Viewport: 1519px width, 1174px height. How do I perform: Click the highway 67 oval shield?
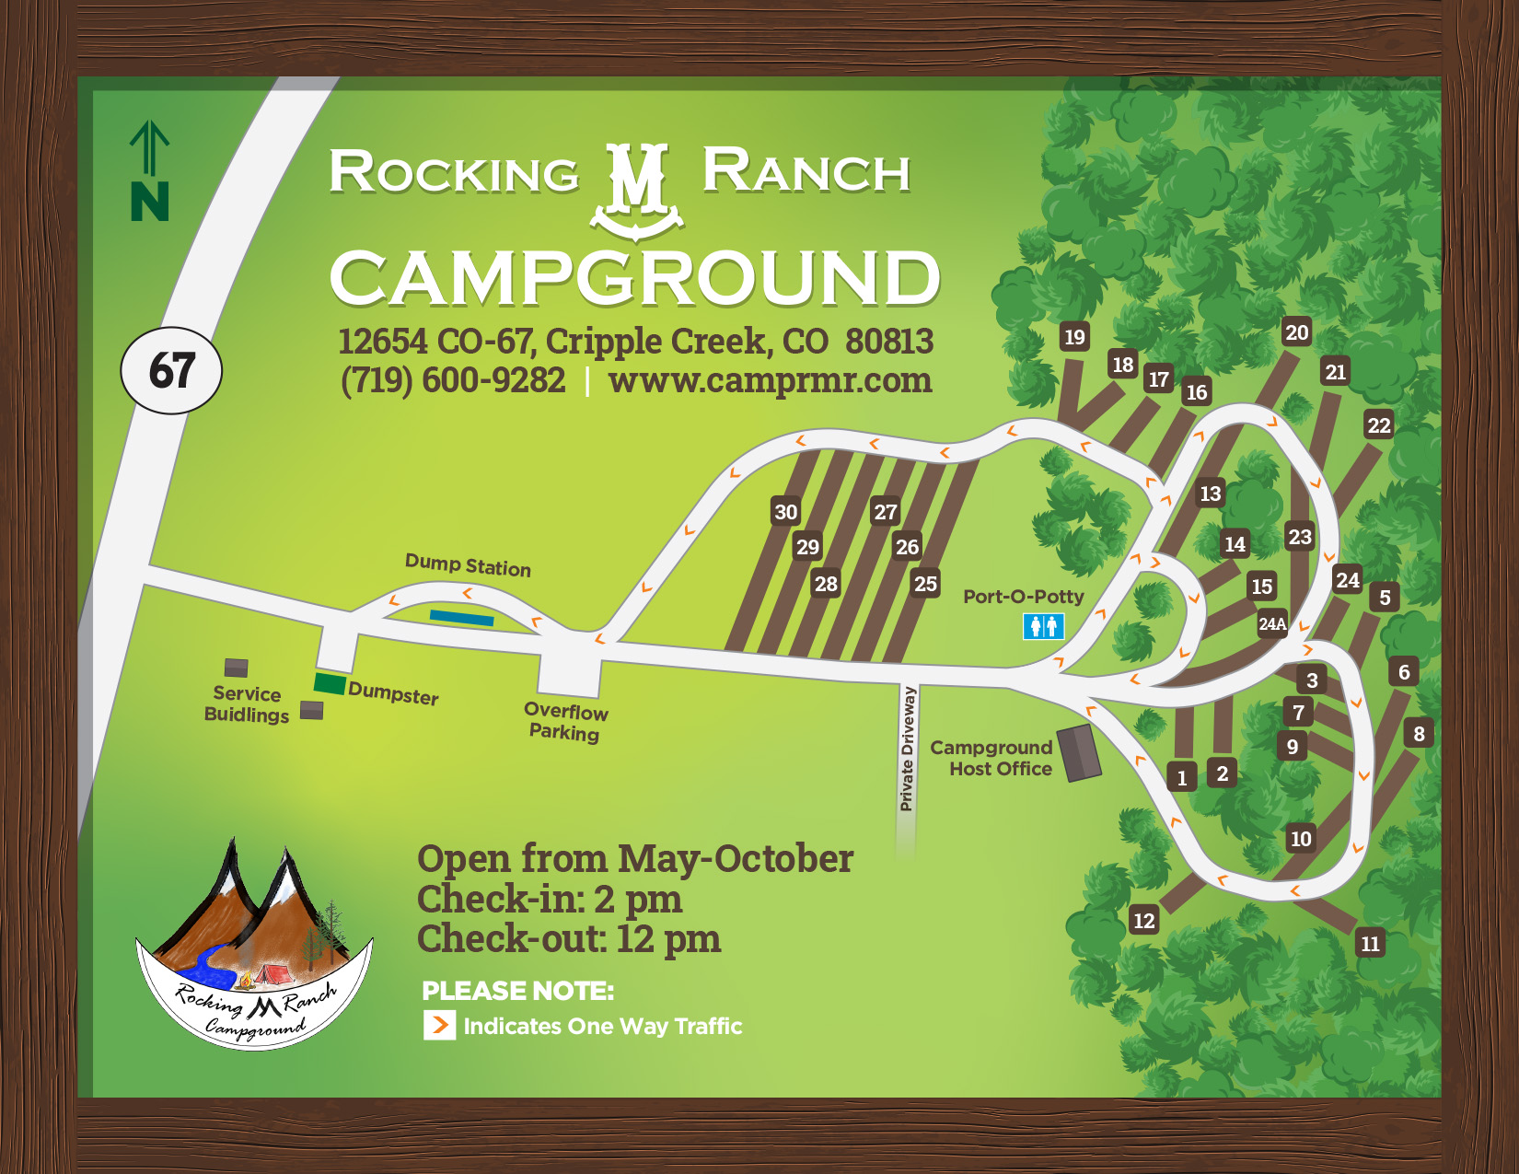coord(171,370)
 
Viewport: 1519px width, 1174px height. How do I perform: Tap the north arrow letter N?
coord(149,201)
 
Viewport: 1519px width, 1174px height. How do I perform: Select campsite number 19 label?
coord(1074,337)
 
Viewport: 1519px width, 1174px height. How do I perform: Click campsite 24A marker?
coord(1272,623)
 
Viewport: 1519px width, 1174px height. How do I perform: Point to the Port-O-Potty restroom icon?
coord(1043,627)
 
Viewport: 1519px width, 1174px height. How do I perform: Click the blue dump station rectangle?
coord(461,618)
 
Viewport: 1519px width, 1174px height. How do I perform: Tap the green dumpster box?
coord(330,684)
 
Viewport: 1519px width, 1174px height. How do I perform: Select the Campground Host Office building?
coord(1078,752)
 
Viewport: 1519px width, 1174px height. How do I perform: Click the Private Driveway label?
coord(908,749)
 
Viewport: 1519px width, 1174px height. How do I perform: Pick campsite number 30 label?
coord(785,512)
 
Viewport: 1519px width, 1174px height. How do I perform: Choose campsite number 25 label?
coord(925,584)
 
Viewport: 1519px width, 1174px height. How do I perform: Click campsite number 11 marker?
coord(1370,944)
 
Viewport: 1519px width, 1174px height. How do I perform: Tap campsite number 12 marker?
coord(1143,921)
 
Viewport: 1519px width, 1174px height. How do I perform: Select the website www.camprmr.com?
coord(770,380)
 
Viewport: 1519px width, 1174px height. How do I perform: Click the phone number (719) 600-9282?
coord(453,380)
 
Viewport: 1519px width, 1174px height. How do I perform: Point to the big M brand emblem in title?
coord(637,189)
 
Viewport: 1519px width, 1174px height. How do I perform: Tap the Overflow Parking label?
coord(565,722)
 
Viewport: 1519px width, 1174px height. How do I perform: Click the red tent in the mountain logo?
coord(271,973)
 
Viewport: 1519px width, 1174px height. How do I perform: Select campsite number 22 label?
coord(1378,425)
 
